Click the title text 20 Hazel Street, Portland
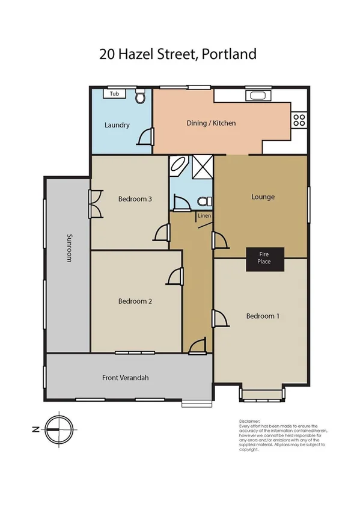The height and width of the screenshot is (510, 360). tap(178, 54)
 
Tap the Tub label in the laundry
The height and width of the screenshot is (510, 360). tap(114, 94)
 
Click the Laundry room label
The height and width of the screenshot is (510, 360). tap(117, 125)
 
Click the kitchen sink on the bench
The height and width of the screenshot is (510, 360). tap(258, 96)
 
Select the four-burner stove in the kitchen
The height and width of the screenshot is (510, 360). tap(299, 119)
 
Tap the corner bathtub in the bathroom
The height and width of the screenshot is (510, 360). tap(179, 167)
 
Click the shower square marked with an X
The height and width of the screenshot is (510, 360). tap(201, 167)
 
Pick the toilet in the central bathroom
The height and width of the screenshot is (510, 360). tap(204, 201)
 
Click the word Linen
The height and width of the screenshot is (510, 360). tap(204, 217)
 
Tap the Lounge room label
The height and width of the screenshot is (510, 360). tap(263, 197)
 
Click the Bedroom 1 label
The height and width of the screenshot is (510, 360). tap(263, 316)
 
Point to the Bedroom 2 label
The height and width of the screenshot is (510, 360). tap(135, 301)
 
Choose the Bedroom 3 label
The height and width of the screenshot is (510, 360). tap(135, 199)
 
